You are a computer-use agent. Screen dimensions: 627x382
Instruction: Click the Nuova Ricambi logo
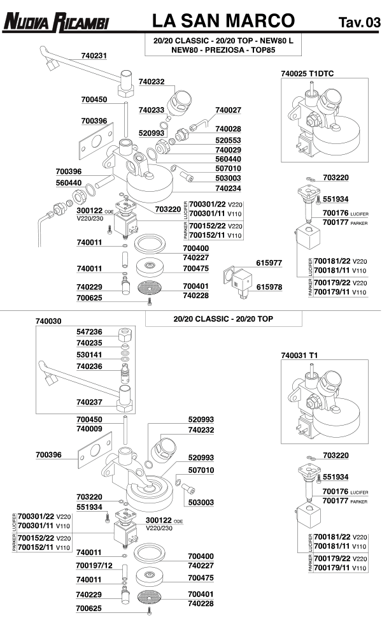coord(55,24)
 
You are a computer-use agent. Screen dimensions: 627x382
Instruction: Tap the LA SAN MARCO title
coord(223,22)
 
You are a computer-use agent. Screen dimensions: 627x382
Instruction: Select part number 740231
coord(94,56)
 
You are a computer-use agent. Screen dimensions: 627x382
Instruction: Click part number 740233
coord(151,110)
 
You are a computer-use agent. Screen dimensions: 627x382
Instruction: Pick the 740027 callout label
coord(228,110)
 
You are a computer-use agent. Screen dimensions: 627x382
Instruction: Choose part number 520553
coord(228,140)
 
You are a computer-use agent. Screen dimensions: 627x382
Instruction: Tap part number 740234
coord(228,189)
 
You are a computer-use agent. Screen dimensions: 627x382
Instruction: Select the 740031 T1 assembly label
coord(299,355)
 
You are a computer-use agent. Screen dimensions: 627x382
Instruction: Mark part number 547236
coord(89,333)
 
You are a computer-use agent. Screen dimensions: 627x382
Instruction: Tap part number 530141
coord(89,354)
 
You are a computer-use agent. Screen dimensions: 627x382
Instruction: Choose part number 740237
coord(89,402)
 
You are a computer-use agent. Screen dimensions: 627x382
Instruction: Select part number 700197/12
coord(94,566)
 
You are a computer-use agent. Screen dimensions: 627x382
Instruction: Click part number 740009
coord(89,429)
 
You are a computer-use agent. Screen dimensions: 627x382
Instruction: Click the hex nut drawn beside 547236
coord(125,333)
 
